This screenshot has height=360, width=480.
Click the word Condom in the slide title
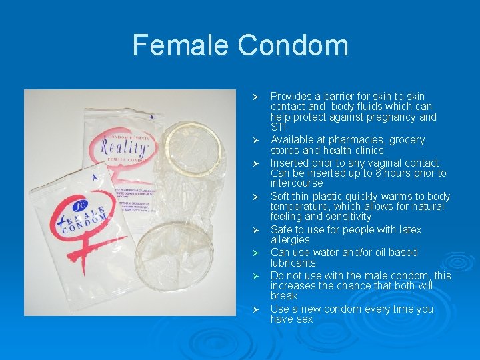point(293,45)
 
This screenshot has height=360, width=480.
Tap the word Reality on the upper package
point(123,147)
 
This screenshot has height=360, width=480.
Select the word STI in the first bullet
point(278,127)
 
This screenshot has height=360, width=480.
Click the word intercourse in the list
point(297,183)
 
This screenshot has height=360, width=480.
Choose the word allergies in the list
point(290,239)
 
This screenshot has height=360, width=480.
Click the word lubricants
point(293,263)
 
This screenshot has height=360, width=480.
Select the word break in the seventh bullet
point(284,295)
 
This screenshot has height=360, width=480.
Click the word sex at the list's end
point(304,319)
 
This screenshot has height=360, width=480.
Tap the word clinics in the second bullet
point(366,150)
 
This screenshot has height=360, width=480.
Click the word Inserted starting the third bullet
point(291,163)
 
